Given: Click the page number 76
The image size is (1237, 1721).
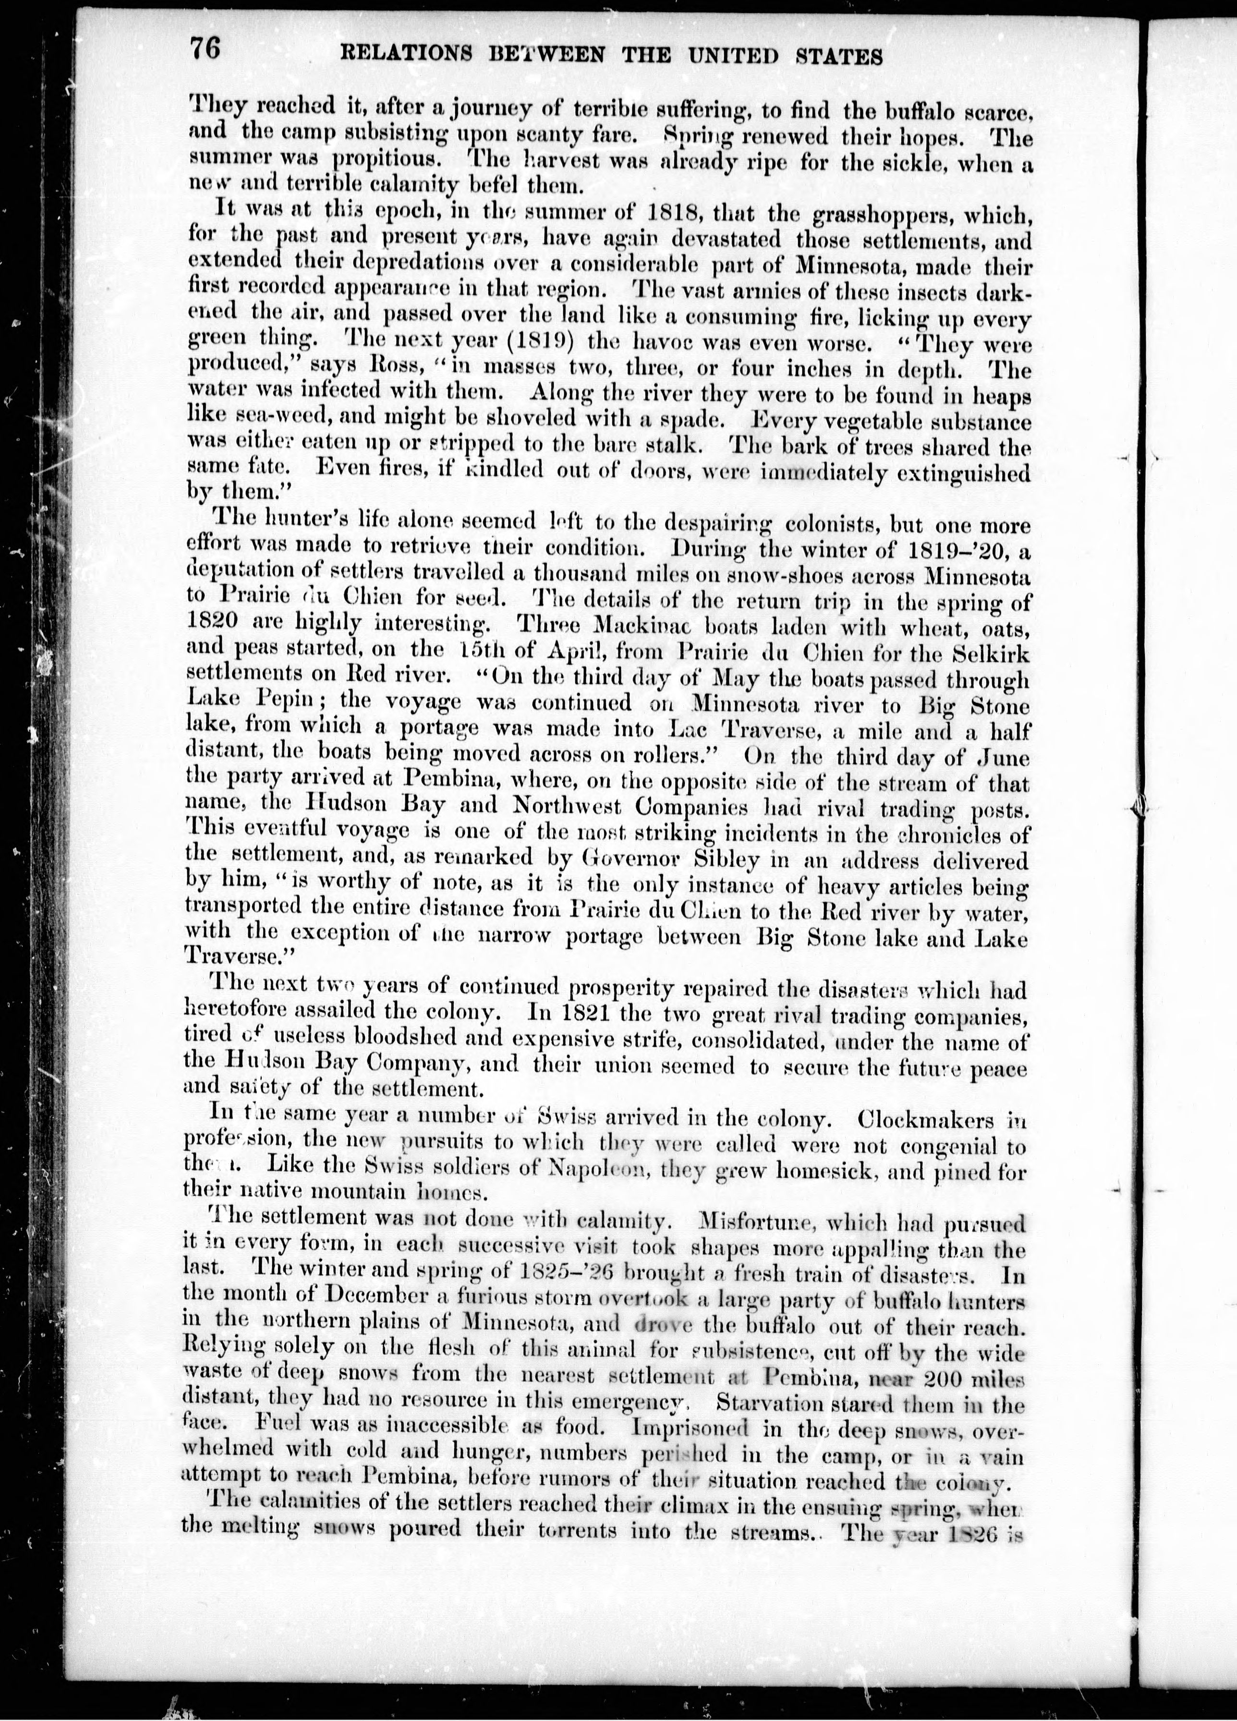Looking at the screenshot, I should coord(205,50).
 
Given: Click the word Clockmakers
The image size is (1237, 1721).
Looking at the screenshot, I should coord(922,1120).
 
